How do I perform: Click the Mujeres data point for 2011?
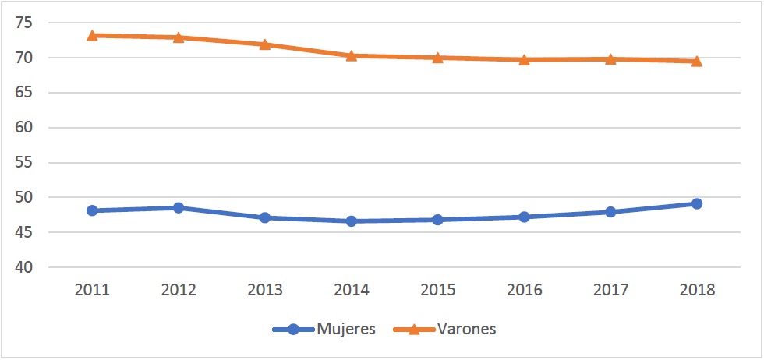92,210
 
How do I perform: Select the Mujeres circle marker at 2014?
352,221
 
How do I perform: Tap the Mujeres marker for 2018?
697,204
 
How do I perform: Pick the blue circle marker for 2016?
524,217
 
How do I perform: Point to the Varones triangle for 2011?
92,35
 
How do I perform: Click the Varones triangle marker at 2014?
352,55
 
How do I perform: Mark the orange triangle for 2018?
697,61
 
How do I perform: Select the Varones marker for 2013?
265,44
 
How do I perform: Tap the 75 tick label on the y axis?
25,23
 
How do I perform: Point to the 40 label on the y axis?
25,267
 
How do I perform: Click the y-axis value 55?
25,163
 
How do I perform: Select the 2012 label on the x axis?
179,290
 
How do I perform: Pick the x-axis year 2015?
437,290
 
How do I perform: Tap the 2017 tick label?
610,290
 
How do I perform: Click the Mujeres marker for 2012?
179,208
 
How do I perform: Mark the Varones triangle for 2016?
524,59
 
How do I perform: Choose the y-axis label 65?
25,93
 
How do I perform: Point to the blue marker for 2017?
610,212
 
